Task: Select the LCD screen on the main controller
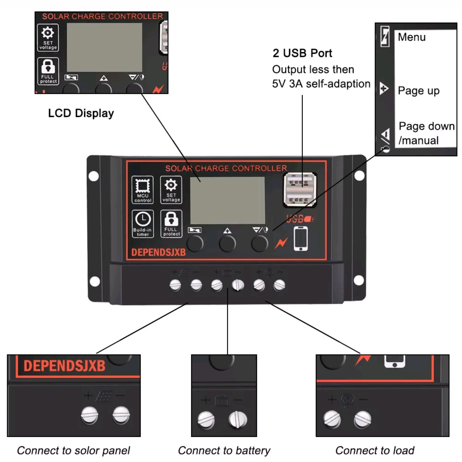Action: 227,200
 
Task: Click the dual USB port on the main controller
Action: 300,189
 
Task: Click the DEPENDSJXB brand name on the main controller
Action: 158,252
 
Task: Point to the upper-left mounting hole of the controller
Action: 94,176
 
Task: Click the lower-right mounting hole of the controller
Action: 359,280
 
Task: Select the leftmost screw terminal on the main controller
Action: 175,285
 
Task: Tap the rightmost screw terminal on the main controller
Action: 279,285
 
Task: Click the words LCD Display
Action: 81,113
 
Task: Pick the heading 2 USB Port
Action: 302,53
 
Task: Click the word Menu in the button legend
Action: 411,37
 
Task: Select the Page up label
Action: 418,91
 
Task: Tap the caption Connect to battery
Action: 224,450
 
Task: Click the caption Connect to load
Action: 375,450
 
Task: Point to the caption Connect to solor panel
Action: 73,450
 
